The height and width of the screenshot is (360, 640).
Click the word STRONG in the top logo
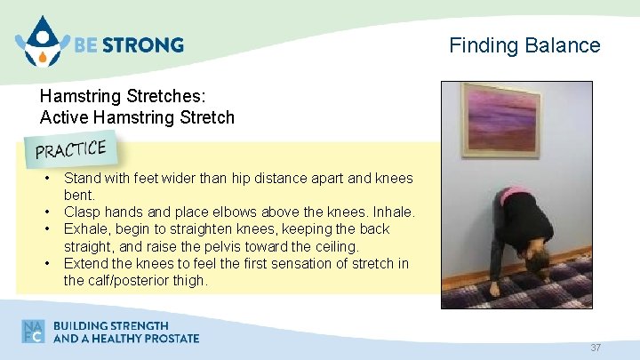coord(147,44)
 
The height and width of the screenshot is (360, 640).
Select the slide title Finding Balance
coord(524,44)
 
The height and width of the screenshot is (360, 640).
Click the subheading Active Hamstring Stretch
coord(137,117)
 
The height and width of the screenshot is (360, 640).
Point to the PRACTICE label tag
coord(71,148)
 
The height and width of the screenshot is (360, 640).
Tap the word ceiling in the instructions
coord(332,246)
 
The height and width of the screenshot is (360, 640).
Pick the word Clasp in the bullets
coord(83,212)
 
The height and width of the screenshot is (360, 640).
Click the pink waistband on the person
coord(514,193)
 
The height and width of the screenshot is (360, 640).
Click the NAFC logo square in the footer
coord(34,332)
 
